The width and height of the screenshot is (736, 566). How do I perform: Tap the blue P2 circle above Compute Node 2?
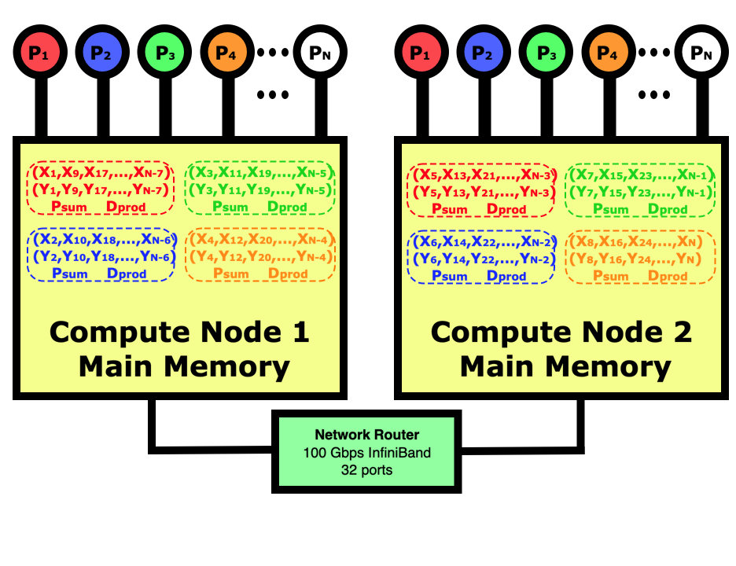tap(482, 53)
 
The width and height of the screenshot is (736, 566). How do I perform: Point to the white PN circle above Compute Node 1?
tap(319, 53)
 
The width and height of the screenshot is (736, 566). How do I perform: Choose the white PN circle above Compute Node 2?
tap(700, 53)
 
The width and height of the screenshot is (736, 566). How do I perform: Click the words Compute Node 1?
tap(179, 332)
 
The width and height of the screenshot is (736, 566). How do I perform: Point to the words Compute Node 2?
tap(561, 332)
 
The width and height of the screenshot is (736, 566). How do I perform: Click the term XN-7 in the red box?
tap(149, 173)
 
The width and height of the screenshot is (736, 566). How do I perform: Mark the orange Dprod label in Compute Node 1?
tap(287, 274)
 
